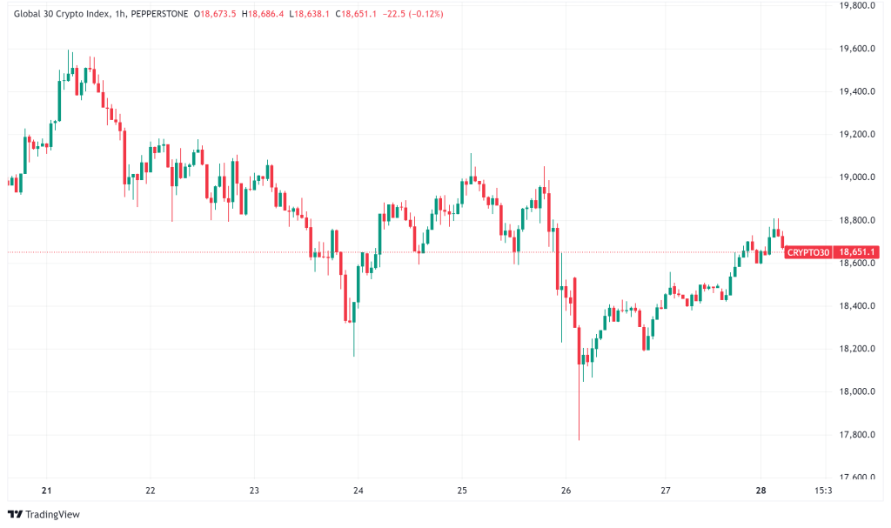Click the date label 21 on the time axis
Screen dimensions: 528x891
tap(47, 490)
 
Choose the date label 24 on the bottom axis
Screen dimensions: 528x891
tap(358, 490)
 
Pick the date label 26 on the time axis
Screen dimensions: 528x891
tap(566, 490)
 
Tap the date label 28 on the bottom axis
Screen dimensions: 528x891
tap(760, 490)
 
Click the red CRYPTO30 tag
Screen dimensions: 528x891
tap(807, 252)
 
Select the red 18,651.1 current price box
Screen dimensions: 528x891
tap(855, 252)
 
